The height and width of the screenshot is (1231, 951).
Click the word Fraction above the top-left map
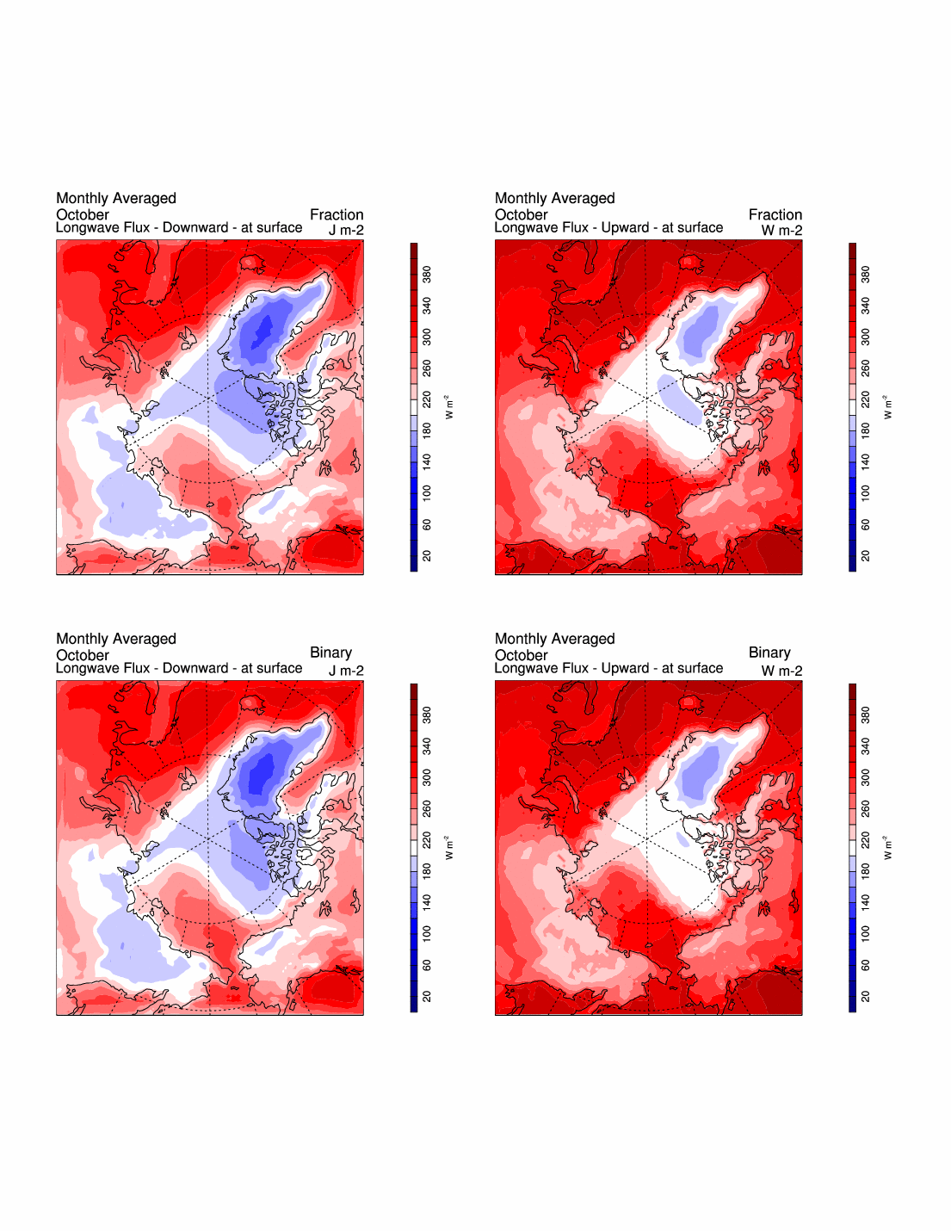337,214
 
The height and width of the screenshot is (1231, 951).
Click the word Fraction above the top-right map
775,214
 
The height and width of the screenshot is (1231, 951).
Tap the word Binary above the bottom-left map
330,653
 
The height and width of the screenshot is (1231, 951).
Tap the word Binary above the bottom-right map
769,653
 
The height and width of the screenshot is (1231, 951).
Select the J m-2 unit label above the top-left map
346,230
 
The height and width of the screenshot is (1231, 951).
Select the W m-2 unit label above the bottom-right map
781,671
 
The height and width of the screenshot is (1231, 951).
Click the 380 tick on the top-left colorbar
427,275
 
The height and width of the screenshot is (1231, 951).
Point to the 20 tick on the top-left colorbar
427,556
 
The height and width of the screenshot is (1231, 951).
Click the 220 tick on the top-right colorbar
866,399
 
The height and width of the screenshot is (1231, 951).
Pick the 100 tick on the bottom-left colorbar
427,933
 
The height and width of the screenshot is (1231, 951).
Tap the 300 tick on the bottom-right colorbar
866,777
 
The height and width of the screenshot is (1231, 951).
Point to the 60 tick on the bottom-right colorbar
866,965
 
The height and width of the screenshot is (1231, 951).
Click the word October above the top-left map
83,214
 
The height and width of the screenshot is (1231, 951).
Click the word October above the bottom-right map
521,655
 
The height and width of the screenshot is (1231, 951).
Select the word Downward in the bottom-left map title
195,668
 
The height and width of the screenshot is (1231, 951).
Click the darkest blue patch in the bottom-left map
261,775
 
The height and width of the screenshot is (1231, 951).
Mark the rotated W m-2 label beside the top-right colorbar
887,407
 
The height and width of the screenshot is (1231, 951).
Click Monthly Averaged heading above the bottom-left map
116,639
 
